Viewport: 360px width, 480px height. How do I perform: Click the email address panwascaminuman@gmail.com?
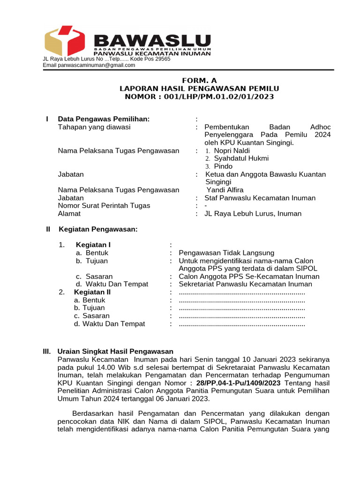[97, 66]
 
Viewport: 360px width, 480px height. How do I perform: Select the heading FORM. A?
[199, 80]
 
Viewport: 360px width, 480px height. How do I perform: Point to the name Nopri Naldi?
[232, 150]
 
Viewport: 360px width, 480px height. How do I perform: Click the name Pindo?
[223, 166]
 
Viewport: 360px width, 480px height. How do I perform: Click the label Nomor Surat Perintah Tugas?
[104, 206]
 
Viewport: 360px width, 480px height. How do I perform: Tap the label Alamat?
[69, 214]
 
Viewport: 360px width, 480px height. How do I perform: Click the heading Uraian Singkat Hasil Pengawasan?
[115, 351]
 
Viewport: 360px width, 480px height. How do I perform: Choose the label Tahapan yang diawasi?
[94, 127]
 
